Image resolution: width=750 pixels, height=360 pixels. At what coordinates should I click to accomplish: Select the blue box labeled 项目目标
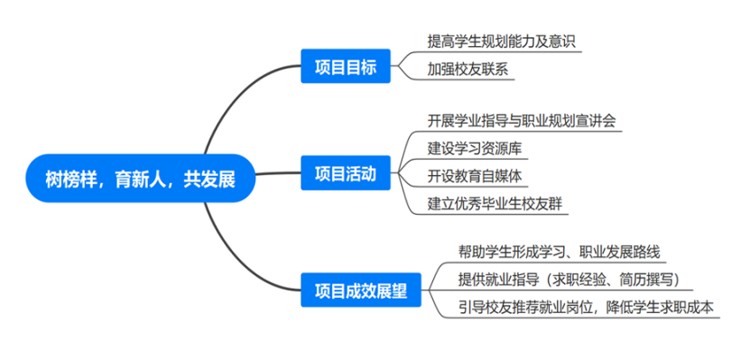[x=345, y=68]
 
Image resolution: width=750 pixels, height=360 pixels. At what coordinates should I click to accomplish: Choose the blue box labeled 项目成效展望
[x=361, y=291]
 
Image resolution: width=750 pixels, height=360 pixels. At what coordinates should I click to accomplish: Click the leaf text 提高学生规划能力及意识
[x=501, y=42]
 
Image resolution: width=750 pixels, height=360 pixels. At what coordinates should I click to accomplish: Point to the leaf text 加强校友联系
[x=468, y=68]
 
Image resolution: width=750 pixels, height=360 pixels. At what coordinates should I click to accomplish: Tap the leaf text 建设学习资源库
[x=475, y=147]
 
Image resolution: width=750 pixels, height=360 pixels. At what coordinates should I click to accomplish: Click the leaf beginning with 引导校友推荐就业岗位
[x=586, y=308]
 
